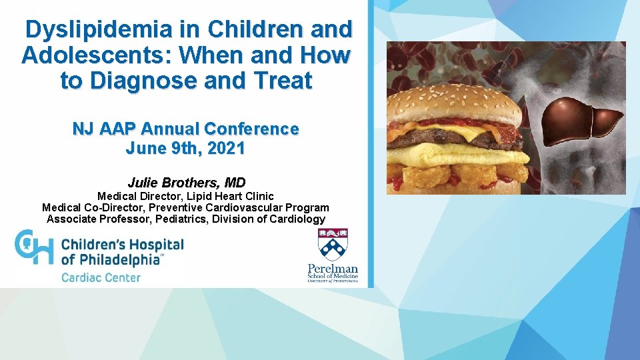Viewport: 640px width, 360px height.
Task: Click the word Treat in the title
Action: tap(283, 81)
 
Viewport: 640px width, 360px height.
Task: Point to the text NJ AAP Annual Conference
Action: tap(185, 128)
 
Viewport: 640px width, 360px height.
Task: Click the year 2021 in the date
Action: tap(225, 149)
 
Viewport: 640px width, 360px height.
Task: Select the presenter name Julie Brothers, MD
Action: tap(186, 183)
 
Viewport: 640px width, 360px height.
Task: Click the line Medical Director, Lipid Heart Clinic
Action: tap(185, 196)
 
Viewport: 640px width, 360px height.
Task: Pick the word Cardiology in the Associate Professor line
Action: tap(295, 219)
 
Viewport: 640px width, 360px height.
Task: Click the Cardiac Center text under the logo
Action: tap(101, 277)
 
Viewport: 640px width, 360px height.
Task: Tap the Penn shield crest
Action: tap(333, 244)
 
